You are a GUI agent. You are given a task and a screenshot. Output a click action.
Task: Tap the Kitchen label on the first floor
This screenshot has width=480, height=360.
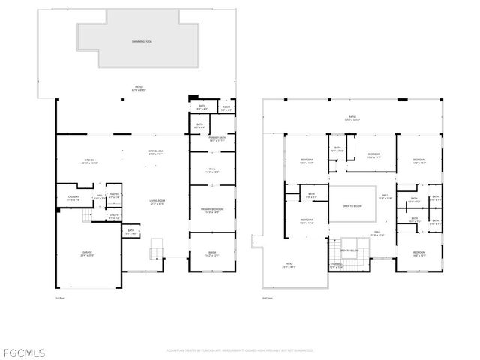[90, 162]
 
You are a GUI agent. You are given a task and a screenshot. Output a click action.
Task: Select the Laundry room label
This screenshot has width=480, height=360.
[73, 199]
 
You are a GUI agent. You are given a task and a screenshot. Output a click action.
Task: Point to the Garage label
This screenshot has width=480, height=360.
[88, 254]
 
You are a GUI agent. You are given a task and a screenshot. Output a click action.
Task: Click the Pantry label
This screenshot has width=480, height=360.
[114, 196]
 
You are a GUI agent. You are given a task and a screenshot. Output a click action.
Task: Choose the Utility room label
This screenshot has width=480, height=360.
[114, 217]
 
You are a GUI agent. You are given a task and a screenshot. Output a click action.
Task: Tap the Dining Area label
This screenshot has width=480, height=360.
[156, 153]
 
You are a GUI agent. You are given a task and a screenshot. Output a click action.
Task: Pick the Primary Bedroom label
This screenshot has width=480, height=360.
[211, 211]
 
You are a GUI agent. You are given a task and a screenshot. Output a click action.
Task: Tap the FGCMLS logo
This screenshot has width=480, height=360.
[23, 351]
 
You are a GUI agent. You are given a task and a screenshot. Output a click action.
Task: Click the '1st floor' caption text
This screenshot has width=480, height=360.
[61, 298]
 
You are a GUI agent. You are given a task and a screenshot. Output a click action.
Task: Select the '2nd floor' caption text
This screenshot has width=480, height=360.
[268, 298]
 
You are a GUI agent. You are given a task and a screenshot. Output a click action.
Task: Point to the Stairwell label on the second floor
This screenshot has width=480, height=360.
[337, 265]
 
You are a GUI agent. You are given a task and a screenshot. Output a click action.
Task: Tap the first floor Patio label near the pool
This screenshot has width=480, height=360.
[139, 88]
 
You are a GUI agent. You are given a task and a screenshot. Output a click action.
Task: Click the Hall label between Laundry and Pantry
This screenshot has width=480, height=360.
[99, 198]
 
